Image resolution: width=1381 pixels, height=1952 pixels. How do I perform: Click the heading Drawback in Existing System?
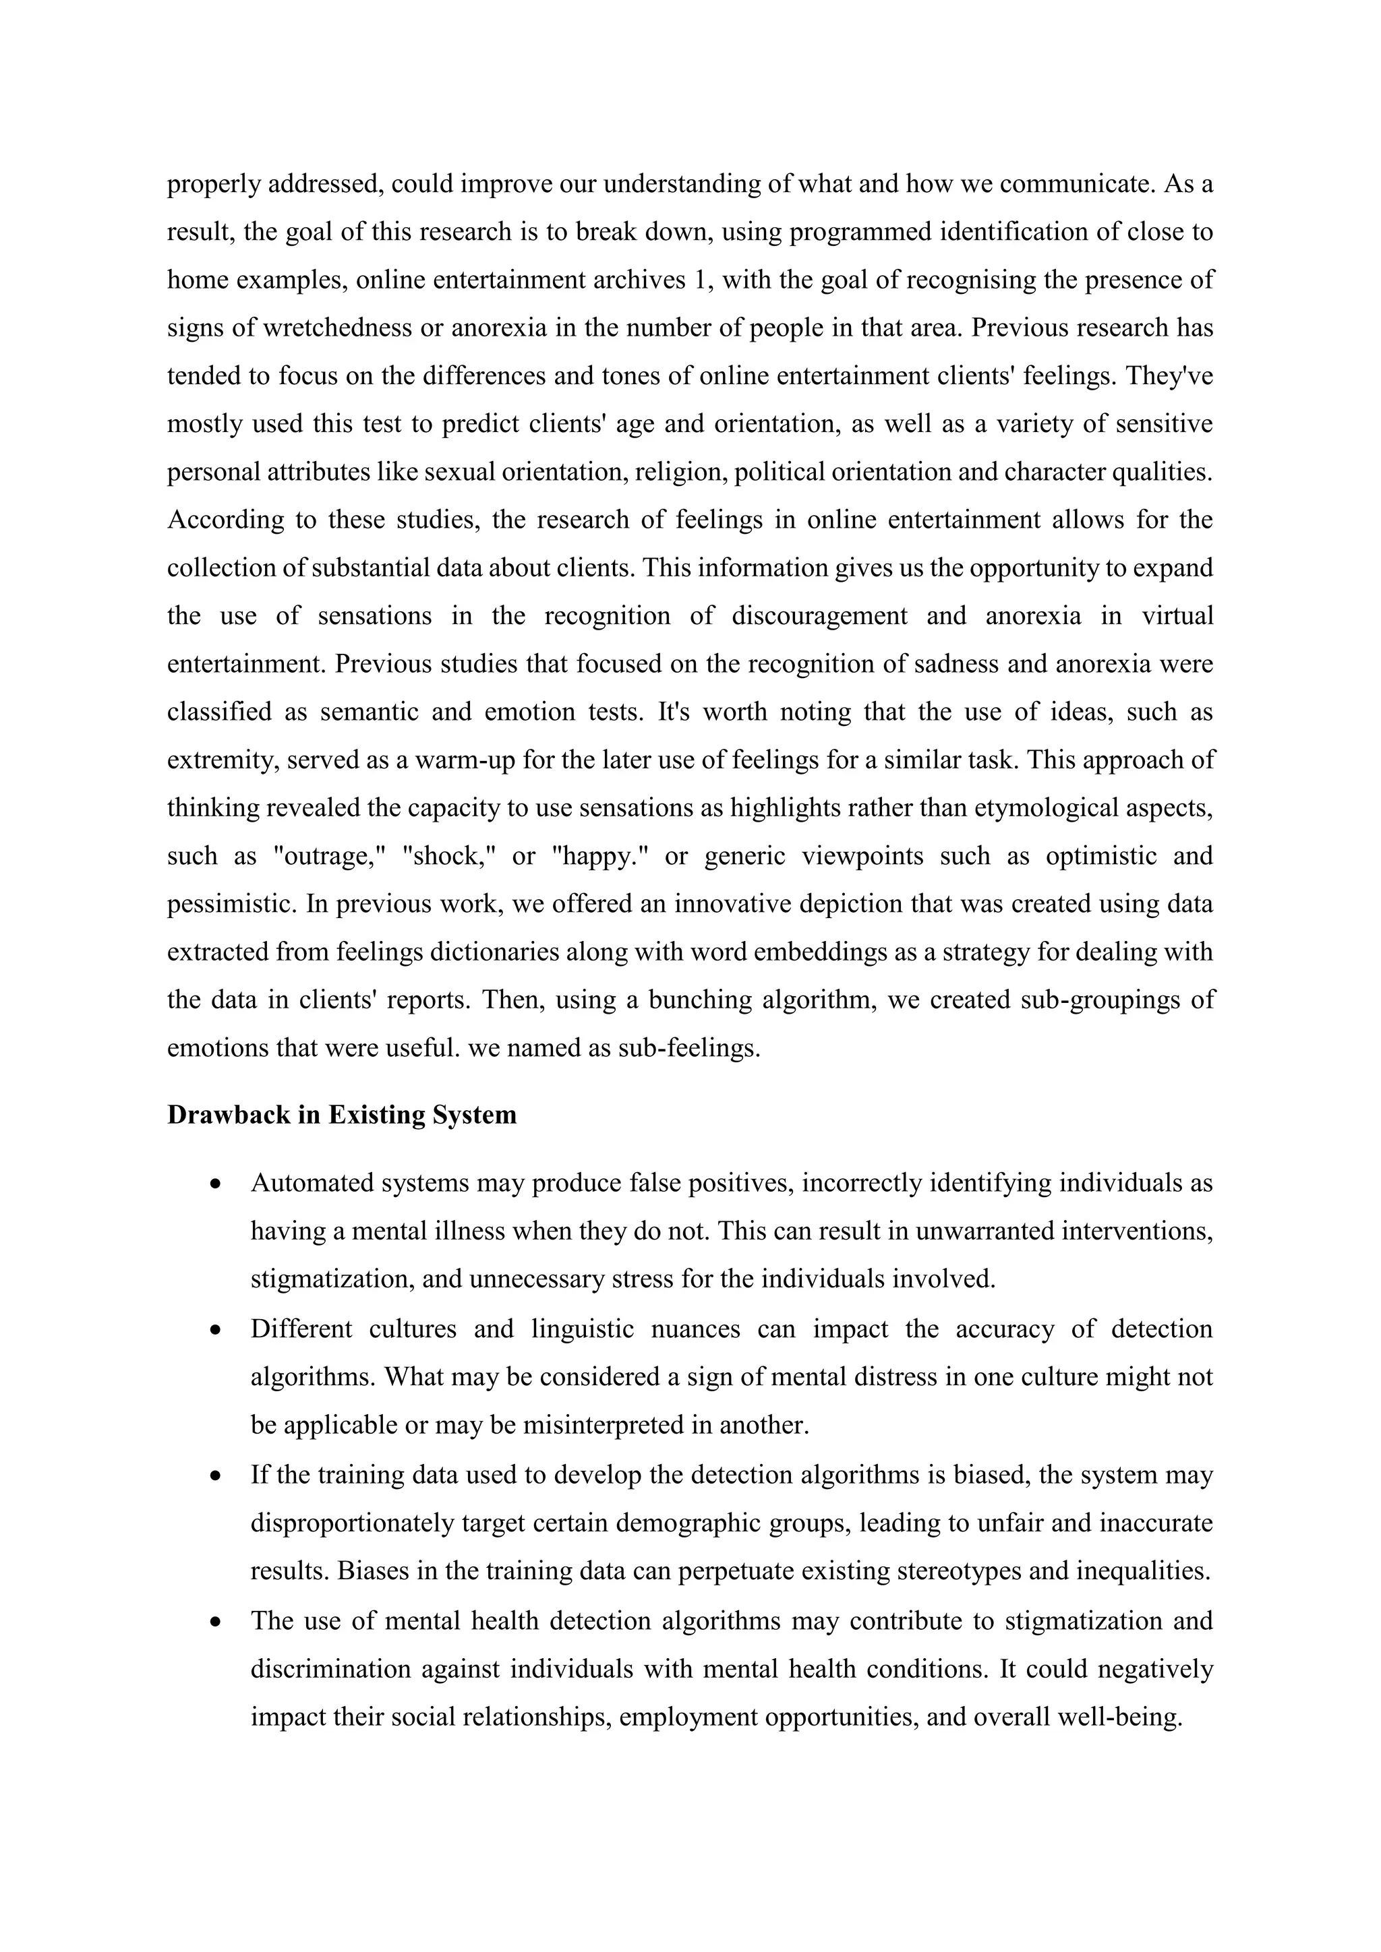(x=342, y=1115)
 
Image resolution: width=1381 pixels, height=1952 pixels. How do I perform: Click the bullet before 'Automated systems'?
(x=218, y=1184)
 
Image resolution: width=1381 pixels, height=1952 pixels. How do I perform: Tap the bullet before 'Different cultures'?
(x=218, y=1329)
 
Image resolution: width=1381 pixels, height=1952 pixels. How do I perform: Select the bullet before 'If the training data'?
(x=218, y=1475)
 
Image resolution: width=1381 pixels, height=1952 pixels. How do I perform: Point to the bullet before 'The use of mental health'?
(x=218, y=1621)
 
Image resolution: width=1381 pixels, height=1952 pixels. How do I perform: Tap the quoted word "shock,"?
(x=449, y=855)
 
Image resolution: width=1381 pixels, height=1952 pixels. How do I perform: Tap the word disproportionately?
(x=353, y=1523)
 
